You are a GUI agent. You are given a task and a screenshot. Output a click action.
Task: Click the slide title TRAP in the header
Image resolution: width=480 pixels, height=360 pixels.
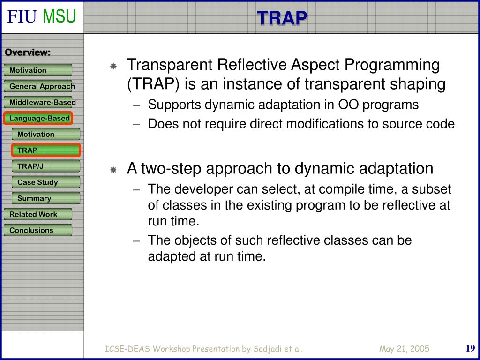pos(282,18)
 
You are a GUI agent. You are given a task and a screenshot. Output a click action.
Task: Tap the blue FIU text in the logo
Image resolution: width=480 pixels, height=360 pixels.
pos(22,16)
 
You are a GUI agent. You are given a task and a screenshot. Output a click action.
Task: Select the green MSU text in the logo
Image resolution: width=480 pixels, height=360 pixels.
pos(60,16)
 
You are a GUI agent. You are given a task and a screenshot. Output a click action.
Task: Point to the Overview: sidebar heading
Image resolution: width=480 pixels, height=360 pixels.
pos(28,52)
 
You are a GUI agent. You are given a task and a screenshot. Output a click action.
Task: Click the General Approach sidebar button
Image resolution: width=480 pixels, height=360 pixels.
pos(38,86)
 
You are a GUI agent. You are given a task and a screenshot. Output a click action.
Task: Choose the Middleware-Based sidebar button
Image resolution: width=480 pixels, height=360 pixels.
pos(38,102)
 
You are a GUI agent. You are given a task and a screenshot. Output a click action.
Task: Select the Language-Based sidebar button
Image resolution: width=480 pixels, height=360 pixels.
pos(38,118)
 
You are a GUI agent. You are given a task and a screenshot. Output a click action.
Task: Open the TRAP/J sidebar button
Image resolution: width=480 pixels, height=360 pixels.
pos(46,166)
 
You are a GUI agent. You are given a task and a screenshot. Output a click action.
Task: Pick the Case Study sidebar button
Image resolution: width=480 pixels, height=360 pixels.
pos(46,182)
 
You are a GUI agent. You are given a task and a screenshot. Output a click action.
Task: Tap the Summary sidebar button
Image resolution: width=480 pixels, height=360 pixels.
pos(46,198)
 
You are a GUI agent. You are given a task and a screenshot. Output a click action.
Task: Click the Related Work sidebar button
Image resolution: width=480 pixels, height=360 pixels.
pos(38,214)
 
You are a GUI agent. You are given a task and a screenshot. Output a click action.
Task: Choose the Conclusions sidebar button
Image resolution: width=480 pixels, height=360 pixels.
pos(38,230)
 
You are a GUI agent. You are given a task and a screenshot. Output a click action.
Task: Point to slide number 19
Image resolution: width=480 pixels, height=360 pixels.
pos(470,348)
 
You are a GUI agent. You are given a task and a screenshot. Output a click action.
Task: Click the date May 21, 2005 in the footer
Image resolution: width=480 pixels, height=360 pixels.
pos(404,349)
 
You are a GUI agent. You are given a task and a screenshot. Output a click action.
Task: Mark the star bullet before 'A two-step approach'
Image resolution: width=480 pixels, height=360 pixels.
pos(113,169)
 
